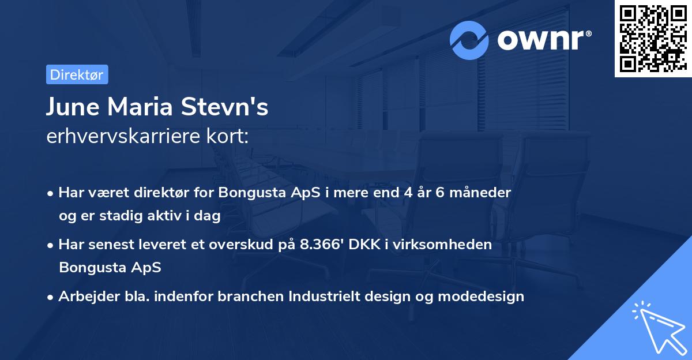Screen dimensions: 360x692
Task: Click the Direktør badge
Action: pyautogui.click(x=77, y=74)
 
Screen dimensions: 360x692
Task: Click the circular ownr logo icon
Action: pyautogui.click(x=469, y=40)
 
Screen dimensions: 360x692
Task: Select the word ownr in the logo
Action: pyautogui.click(x=542, y=40)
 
